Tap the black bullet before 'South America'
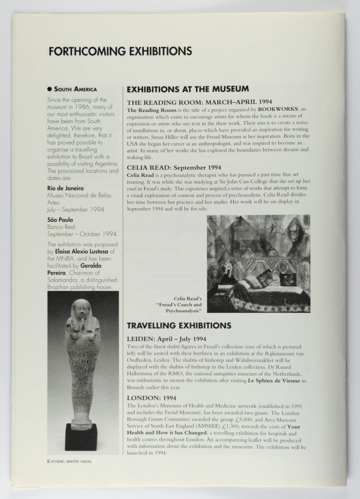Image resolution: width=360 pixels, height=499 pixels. [49, 90]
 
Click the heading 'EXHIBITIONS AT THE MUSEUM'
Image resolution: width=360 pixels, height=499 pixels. [188, 89]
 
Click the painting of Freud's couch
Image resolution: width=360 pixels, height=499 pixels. [258, 263]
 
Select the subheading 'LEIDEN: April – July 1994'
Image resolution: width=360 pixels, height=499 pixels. [167, 338]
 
